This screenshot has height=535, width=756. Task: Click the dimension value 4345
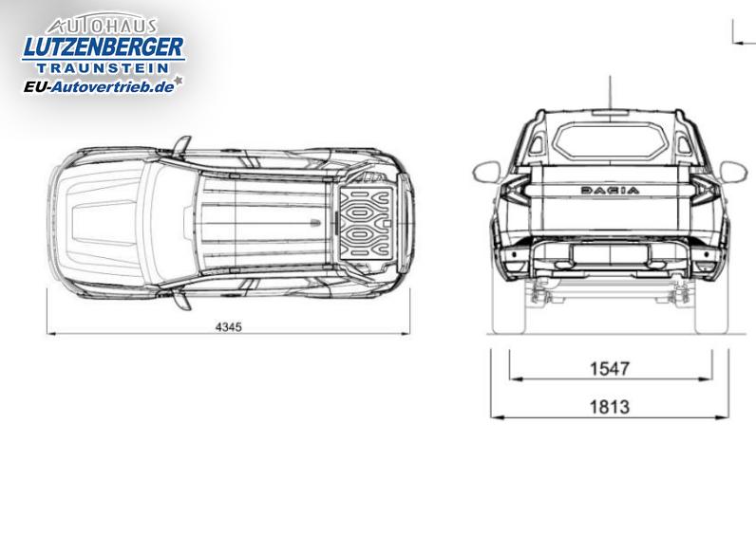click(x=229, y=327)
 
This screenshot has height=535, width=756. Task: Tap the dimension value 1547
click(x=610, y=369)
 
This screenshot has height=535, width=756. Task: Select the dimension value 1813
click(x=610, y=407)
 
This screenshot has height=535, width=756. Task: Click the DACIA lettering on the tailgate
click(x=611, y=191)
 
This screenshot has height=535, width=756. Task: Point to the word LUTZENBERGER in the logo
click(x=104, y=47)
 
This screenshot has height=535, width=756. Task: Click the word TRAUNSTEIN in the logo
click(x=103, y=68)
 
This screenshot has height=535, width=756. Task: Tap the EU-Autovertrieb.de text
click(x=99, y=86)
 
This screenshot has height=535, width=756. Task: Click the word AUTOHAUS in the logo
click(x=103, y=25)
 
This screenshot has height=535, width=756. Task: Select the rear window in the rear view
click(x=610, y=139)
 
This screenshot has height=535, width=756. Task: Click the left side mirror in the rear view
click(x=487, y=172)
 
